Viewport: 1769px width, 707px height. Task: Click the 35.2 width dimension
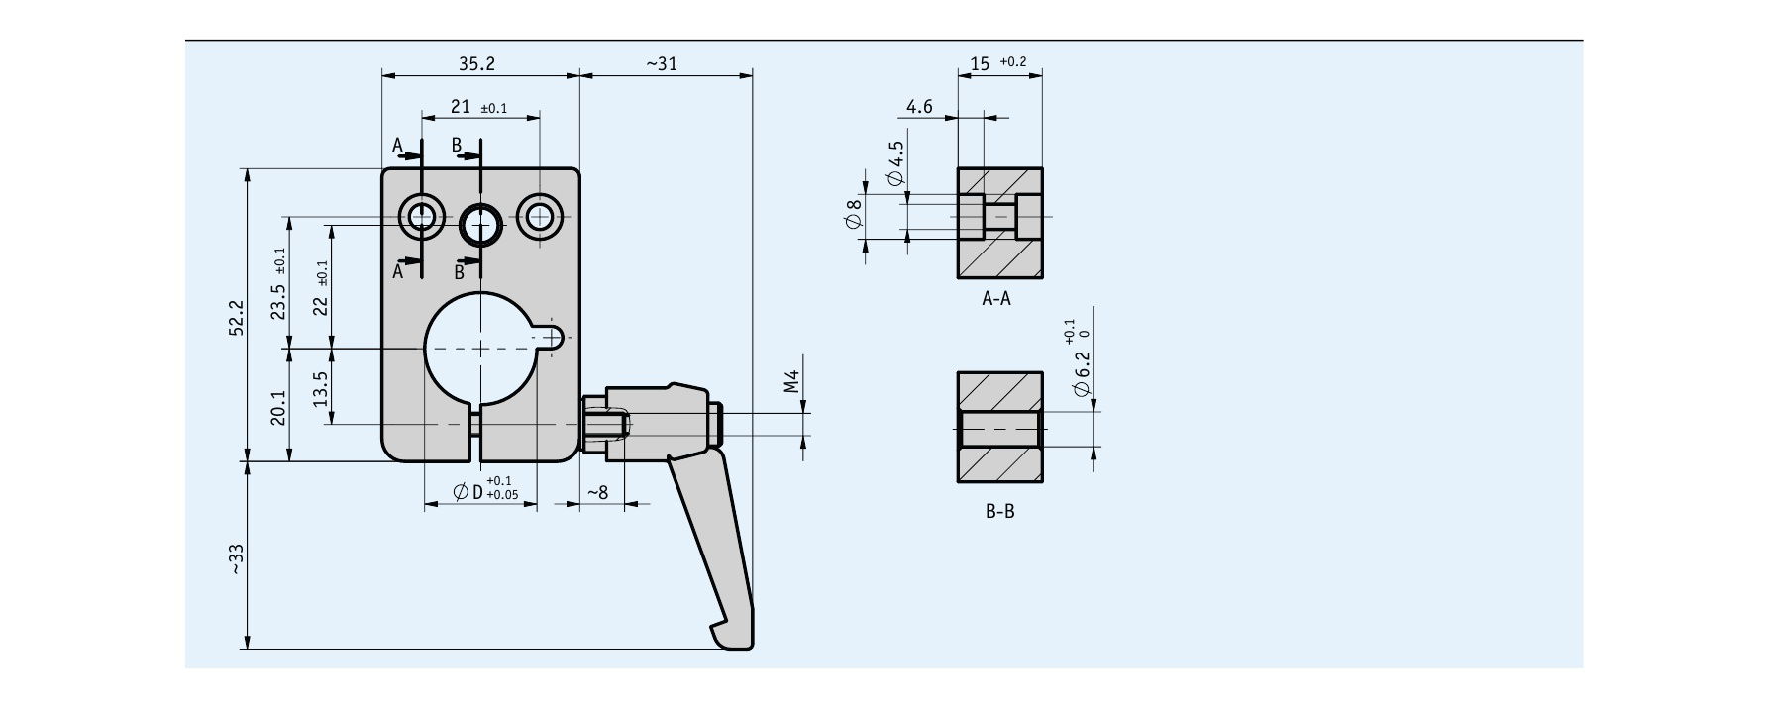coord(476,63)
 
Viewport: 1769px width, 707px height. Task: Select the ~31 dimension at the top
coord(662,63)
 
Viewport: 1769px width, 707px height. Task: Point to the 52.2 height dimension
coord(236,318)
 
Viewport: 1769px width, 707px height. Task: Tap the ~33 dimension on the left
coord(236,559)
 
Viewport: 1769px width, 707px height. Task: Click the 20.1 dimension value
coord(278,407)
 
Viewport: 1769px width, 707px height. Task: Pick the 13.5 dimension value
coord(320,388)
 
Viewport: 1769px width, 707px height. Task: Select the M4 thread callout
coord(791,382)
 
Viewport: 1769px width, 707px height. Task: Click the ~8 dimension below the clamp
coord(597,492)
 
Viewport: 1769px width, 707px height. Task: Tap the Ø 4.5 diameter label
coord(896,164)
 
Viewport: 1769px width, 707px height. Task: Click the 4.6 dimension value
coord(919,107)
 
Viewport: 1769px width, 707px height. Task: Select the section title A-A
coord(996,298)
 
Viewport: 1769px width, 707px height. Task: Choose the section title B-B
coord(999,511)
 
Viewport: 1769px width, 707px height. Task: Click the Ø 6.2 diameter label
coord(1082,377)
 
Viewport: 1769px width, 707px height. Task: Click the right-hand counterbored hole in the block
coord(540,216)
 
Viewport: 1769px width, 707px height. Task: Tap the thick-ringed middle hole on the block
coord(481,223)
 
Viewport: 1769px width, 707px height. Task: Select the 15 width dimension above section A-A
coord(980,63)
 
